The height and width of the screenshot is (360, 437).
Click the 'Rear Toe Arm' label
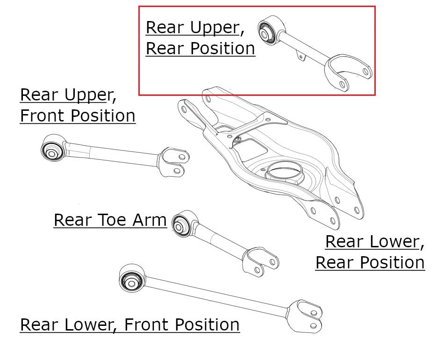pos(110,220)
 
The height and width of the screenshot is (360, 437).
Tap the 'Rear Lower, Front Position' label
pos(130,324)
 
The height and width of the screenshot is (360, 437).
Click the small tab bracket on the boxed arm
pos(301,56)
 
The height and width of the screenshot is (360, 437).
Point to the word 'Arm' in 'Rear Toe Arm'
pos(150,220)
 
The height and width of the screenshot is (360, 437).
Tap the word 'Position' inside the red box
pos(222,49)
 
